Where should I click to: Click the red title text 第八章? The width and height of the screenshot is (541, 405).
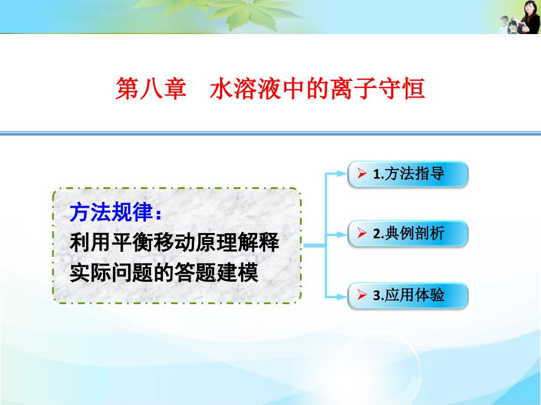click(151, 89)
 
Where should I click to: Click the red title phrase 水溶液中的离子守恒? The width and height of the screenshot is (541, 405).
click(317, 89)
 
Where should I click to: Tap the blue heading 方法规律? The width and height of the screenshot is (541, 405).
click(111, 212)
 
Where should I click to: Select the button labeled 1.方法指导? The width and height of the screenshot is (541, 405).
click(408, 174)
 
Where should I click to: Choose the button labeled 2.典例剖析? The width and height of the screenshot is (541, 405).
click(408, 234)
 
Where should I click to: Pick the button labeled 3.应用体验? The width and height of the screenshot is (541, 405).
click(408, 295)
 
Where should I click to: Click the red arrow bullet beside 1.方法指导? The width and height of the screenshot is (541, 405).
click(362, 173)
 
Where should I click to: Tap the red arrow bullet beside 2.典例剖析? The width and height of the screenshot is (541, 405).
click(362, 233)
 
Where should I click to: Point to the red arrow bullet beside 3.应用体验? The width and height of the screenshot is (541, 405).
click(362, 295)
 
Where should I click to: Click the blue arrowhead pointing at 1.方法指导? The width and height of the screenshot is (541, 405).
click(342, 174)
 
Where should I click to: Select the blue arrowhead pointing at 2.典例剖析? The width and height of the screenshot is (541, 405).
click(342, 235)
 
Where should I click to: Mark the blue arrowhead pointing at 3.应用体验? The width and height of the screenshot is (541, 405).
click(342, 296)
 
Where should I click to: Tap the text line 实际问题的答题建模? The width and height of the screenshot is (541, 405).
click(164, 272)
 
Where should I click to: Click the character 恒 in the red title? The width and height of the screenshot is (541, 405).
click(413, 89)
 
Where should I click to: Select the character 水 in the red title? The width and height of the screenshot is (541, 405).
click(221, 89)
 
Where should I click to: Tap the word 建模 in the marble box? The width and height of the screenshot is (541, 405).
click(238, 272)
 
